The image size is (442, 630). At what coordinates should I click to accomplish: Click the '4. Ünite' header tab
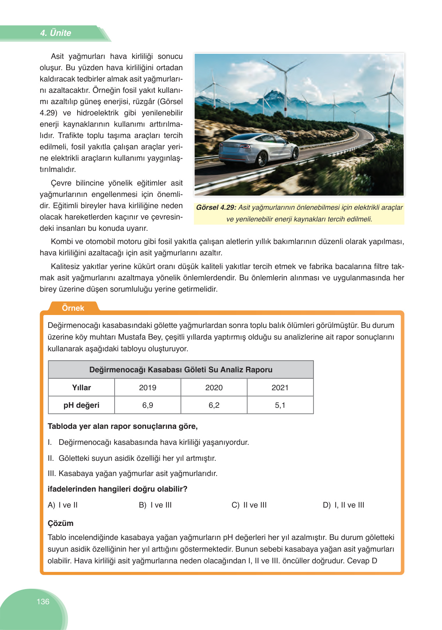point(55,33)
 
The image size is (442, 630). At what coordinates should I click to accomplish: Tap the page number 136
point(43,602)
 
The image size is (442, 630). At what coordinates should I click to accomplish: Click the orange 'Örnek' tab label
point(73,308)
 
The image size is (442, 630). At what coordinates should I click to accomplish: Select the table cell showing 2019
point(147,388)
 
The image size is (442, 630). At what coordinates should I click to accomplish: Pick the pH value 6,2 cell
point(214,405)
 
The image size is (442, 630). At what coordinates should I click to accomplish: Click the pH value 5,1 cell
point(280,405)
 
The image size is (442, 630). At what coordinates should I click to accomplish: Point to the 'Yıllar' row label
point(81,388)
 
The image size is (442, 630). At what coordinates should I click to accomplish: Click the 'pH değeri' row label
point(81,405)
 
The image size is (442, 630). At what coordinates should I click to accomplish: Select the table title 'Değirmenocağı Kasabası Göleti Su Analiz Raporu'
point(181,370)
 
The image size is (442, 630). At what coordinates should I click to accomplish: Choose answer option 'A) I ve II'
point(63,505)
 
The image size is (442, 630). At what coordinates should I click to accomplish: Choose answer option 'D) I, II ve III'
point(343,505)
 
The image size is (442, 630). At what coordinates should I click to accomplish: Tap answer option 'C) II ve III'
point(249,505)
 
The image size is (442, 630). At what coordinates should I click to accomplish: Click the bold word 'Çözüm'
point(60,523)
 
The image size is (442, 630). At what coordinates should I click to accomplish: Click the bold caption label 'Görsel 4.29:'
point(216,207)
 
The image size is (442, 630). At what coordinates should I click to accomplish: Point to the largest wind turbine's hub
point(286,72)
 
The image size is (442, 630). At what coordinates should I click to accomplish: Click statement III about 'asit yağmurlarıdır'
point(133,473)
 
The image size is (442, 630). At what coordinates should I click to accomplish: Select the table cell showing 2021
point(280,388)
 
